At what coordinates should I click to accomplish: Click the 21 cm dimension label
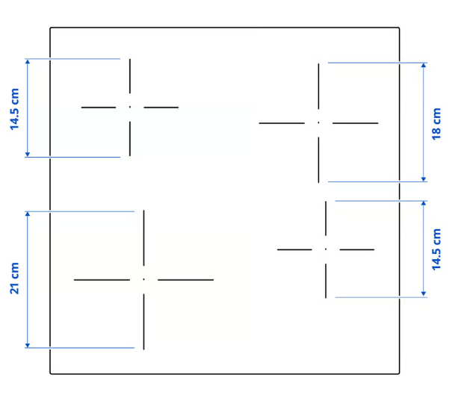point(14,278)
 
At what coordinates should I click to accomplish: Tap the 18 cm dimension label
point(436,124)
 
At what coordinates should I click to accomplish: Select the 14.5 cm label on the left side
point(14,109)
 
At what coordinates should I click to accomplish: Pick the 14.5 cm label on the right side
point(436,249)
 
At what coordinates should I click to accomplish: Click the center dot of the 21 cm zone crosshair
point(143,279)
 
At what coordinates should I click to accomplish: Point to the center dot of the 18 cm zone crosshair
point(318,122)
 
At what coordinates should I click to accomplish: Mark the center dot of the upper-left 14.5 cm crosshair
point(130,107)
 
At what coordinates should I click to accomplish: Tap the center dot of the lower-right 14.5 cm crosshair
point(326,249)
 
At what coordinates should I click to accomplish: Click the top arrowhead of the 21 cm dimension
point(28,214)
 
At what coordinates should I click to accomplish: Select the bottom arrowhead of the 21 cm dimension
point(28,345)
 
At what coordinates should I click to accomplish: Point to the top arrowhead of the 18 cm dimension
point(424,65)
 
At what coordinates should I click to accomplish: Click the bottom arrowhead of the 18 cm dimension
point(424,179)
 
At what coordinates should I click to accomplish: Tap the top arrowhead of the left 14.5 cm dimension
point(28,61)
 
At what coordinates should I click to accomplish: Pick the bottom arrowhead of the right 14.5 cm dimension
point(424,294)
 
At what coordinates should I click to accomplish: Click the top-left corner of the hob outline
point(51,28)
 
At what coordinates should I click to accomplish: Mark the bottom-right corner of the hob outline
point(399,373)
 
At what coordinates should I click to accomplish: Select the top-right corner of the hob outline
point(399,28)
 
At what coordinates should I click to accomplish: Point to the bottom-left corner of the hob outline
point(51,373)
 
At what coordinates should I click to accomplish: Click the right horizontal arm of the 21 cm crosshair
point(185,280)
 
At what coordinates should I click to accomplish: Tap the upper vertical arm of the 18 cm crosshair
point(318,87)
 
